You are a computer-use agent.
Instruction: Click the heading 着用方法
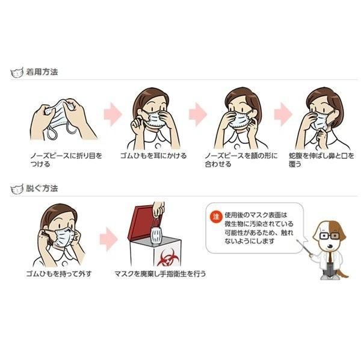42,72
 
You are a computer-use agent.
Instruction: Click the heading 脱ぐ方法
42,188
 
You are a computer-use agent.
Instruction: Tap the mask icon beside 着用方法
17,73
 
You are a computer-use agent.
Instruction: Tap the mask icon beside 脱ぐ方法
17,189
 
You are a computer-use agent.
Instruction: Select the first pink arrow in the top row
113,114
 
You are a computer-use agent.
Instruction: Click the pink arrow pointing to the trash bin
109,239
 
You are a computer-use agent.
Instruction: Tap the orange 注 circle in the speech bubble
216,217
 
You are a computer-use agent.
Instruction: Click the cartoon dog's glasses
329,236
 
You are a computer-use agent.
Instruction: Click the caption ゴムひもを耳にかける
153,156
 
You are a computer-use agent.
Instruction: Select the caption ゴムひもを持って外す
59,274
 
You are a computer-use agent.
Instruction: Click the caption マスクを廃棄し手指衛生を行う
160,274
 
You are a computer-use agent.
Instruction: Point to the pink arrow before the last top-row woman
283,114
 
